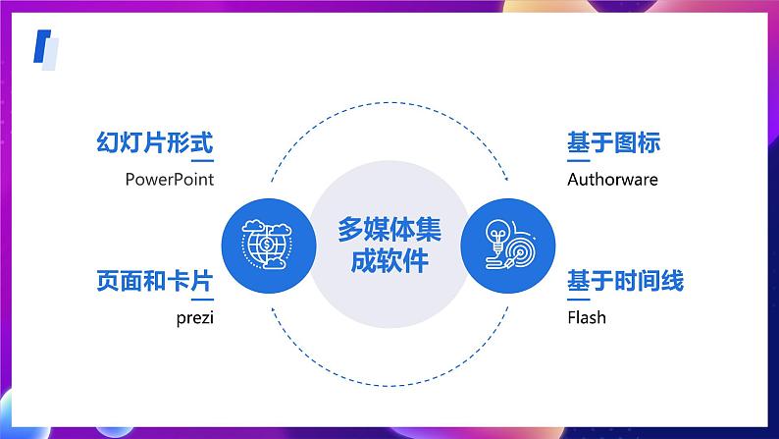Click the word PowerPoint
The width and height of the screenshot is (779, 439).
(x=170, y=180)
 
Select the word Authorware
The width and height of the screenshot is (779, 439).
(x=612, y=180)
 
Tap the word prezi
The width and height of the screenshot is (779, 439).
(x=194, y=318)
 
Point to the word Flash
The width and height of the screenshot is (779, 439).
(x=587, y=317)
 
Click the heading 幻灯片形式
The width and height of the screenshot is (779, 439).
(x=154, y=142)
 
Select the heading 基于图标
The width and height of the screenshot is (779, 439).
(x=614, y=142)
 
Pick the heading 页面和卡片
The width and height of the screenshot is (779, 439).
(x=154, y=281)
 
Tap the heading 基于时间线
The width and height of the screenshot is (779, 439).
(x=626, y=281)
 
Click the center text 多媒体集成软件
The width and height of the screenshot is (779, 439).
(x=389, y=245)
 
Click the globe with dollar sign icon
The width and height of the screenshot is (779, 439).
(x=267, y=245)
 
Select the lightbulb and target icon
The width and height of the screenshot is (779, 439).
(x=509, y=245)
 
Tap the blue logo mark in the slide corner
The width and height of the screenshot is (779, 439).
(x=46, y=50)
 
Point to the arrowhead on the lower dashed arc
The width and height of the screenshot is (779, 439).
(x=274, y=311)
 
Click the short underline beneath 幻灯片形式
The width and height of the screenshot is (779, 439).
(x=203, y=161)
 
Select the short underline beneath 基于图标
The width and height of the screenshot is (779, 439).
(x=579, y=161)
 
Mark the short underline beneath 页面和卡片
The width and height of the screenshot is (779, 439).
(x=203, y=300)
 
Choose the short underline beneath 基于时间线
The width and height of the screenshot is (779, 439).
(x=579, y=300)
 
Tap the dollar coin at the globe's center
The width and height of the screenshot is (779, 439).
(x=267, y=245)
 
